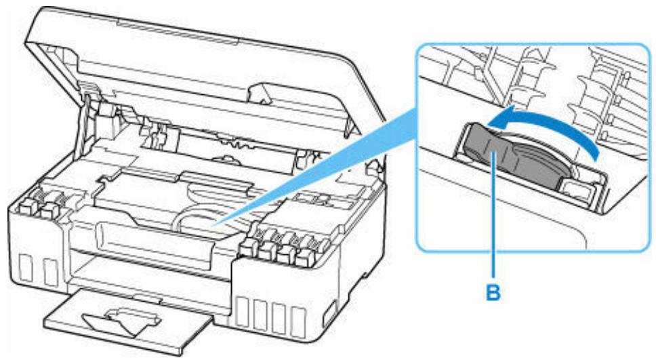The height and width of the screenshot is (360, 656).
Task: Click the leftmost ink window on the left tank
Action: click(x=26, y=267)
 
